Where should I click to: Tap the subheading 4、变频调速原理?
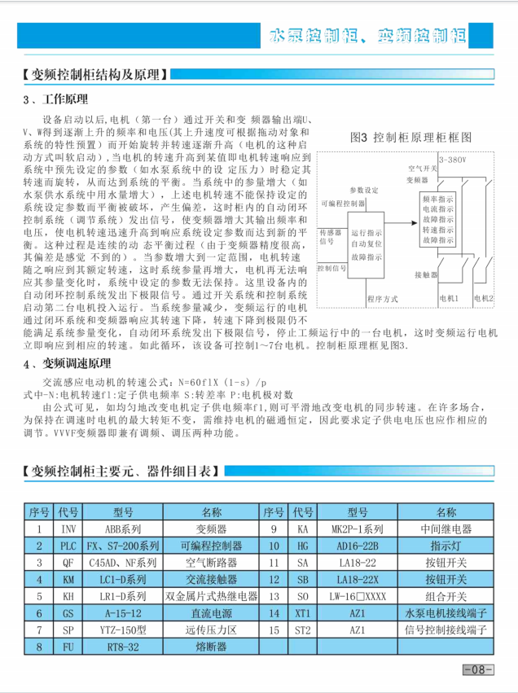coord(66,363)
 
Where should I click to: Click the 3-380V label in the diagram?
coord(452,160)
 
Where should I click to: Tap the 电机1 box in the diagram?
coord(450,298)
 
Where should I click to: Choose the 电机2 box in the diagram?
coord(484,298)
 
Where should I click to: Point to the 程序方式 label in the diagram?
coord(382,297)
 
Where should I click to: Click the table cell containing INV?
coord(68,529)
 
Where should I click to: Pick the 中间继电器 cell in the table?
coord(446,529)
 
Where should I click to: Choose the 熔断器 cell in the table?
coord(212,647)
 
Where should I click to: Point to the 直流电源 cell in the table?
coord(212,612)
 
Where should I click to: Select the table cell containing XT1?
coord(303,612)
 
